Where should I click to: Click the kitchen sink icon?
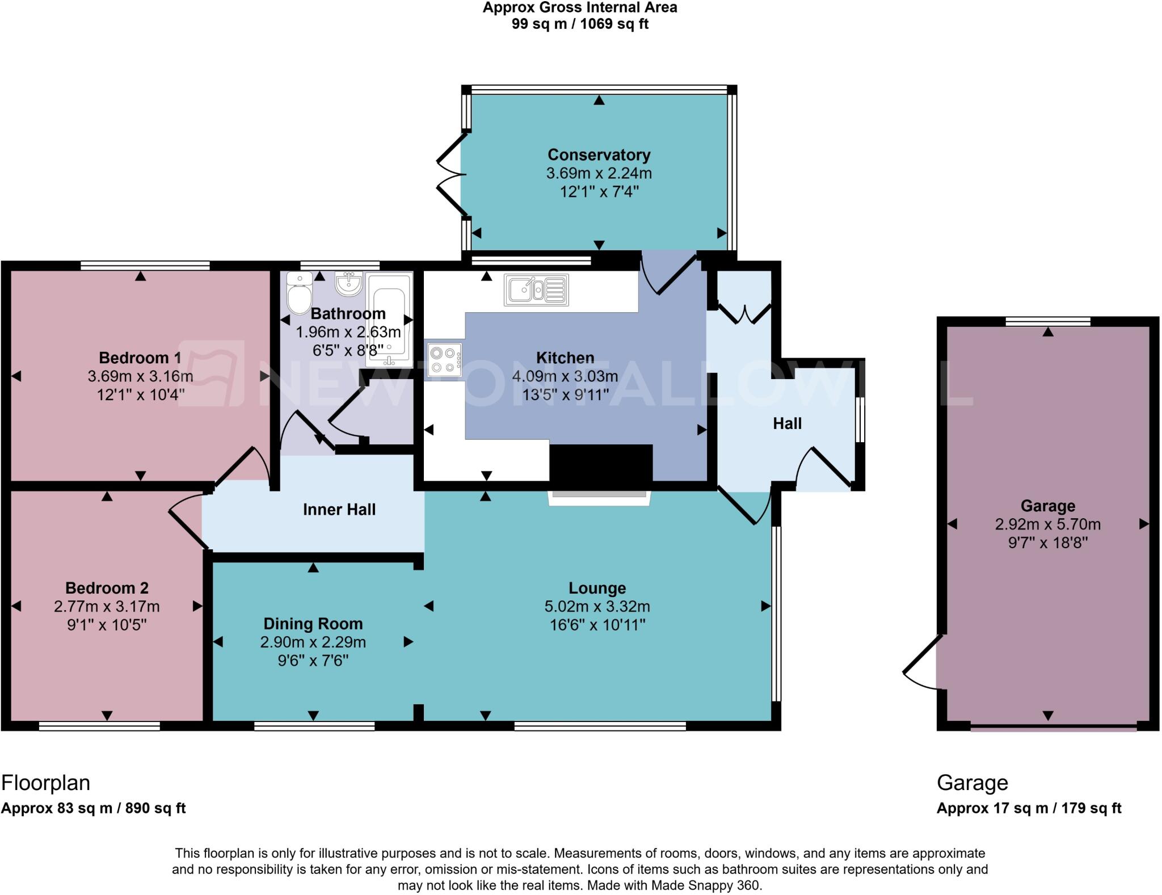536,290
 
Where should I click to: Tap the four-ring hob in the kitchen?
445,360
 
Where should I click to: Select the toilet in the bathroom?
299,293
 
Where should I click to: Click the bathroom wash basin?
348,283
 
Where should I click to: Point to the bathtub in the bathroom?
389,318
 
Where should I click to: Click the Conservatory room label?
599,155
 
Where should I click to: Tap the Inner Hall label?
339,510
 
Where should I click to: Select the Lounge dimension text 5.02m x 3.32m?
597,606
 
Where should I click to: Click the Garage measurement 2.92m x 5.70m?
1047,524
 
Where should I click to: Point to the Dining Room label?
313,624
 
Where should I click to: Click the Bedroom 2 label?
107,588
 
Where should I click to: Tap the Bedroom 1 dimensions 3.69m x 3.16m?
140,376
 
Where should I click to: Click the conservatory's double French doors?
452,174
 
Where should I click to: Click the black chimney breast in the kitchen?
601,463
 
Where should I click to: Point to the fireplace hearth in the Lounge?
599,497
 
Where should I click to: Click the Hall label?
787,423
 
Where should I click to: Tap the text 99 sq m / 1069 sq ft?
579,24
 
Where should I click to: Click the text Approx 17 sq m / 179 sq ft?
1028,808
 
